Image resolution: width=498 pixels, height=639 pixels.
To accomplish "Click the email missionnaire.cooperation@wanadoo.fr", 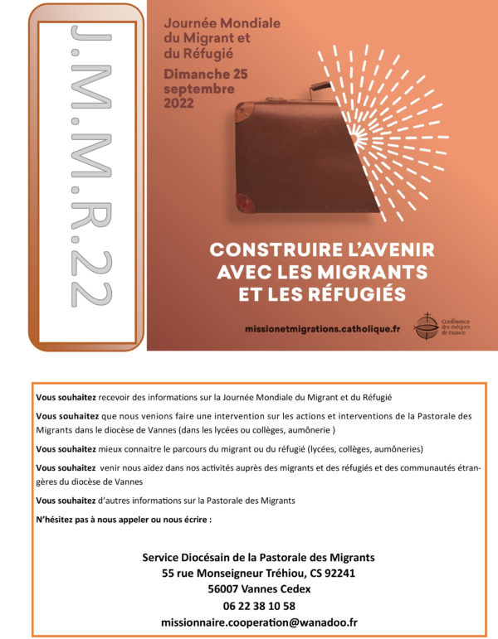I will (x=259, y=621).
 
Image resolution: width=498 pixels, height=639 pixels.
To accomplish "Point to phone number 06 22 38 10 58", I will (x=259, y=605).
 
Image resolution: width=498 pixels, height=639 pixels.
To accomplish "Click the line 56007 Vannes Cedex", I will (x=259, y=588).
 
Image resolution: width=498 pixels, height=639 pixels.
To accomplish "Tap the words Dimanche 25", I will (x=206, y=75).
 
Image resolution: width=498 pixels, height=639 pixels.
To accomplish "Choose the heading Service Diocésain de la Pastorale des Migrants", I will (x=259, y=556).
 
